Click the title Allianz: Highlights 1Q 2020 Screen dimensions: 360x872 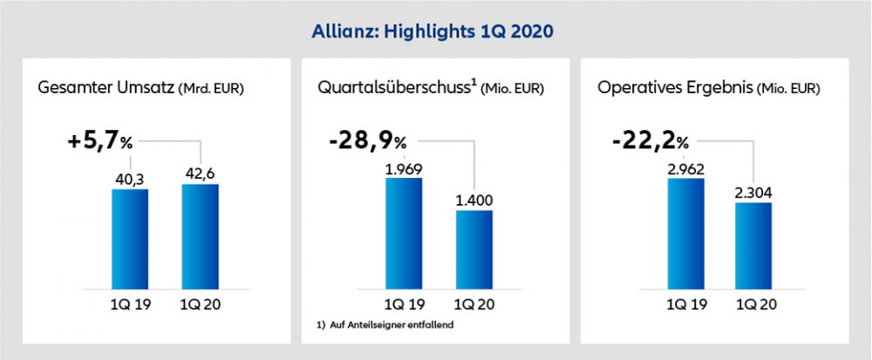(x=433, y=31)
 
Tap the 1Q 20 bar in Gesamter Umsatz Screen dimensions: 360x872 (x=201, y=235)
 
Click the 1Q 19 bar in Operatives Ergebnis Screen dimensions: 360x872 (x=685, y=233)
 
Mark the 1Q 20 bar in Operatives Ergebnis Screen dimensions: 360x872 (x=753, y=244)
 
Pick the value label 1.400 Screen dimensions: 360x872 (x=474, y=200)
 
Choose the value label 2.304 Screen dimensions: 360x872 (x=753, y=192)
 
